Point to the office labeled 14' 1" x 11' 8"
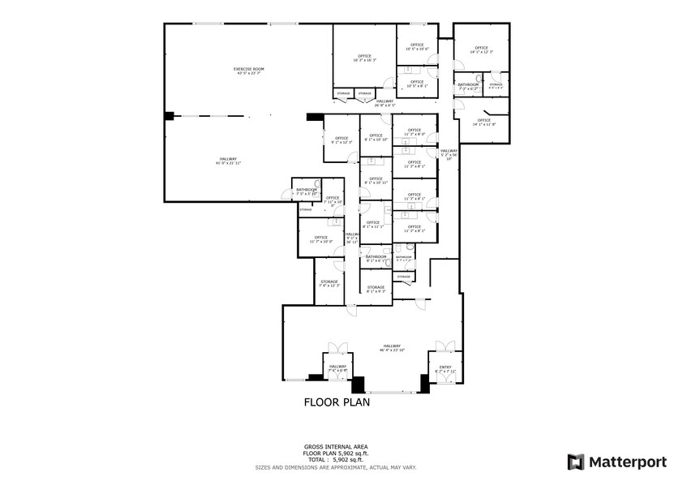tap(483, 122)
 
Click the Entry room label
tap(444, 369)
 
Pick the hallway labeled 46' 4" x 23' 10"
tap(393, 347)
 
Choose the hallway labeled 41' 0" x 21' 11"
tap(229, 161)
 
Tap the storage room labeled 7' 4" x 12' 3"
tap(328, 284)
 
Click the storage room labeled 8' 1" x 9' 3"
tap(376, 289)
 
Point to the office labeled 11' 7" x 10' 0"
tap(322, 239)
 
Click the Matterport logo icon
tap(575, 462)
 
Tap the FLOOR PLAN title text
tap(337, 402)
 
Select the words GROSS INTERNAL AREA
tap(337, 447)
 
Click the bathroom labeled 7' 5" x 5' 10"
tap(306, 192)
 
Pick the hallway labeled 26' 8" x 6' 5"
tap(385, 103)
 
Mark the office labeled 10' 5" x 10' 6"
tap(417, 47)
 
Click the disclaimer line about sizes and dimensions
tap(337, 467)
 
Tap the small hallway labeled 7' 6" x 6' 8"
tap(338, 368)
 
